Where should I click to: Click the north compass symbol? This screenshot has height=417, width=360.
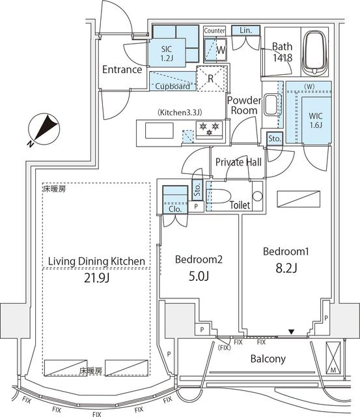44,130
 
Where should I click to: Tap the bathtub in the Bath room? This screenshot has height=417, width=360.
315,53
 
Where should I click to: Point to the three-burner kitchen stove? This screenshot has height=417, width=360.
210,130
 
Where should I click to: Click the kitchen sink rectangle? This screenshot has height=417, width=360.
159,130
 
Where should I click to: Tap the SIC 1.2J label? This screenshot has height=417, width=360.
167,53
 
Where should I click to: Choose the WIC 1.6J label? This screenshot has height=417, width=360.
316,120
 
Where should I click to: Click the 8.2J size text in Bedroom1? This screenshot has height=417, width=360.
286,268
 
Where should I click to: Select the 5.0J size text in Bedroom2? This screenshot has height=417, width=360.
199,276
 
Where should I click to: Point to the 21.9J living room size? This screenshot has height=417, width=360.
97,278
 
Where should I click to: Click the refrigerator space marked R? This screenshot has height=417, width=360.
212,79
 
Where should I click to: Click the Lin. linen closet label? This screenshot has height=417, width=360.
245,31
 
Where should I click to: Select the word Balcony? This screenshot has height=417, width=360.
268,359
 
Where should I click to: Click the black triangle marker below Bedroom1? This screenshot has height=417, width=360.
292,332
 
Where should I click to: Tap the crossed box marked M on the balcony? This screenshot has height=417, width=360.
333,358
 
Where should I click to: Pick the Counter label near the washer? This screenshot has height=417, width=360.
214,31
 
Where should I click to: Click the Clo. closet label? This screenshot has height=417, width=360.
175,209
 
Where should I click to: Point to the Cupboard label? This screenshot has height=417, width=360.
173,86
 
